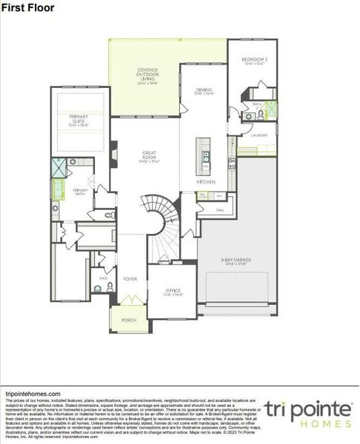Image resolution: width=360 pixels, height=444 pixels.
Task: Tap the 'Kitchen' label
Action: click(205, 181)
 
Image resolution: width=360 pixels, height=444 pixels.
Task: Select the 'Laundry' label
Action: click(259, 135)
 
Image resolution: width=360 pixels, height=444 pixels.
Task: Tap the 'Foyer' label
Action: click(130, 279)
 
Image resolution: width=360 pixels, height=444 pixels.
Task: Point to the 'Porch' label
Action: click(129, 320)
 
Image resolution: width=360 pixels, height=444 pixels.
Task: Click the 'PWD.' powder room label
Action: click(103, 278)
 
